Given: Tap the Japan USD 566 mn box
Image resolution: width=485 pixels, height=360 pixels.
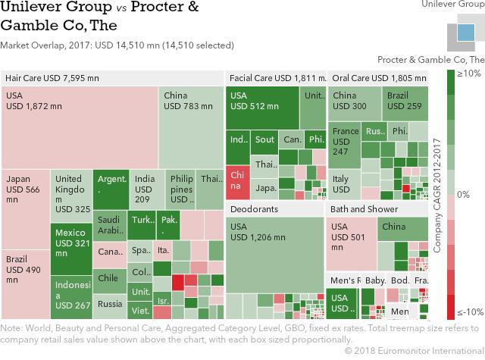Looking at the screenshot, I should coord(25,209).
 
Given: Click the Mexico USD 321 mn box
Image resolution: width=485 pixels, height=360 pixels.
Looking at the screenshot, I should coord(71,249).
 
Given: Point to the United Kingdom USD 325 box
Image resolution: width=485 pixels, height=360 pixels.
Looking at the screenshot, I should coord(71,197).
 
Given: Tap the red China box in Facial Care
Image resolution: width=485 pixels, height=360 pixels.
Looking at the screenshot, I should coord(237,180).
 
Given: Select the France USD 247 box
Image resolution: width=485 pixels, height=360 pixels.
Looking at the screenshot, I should coord(345,148).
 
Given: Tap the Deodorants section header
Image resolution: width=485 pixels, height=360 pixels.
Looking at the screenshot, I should coord(254,208).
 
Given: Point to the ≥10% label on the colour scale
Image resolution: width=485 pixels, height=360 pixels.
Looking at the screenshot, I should coord(469,74).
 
